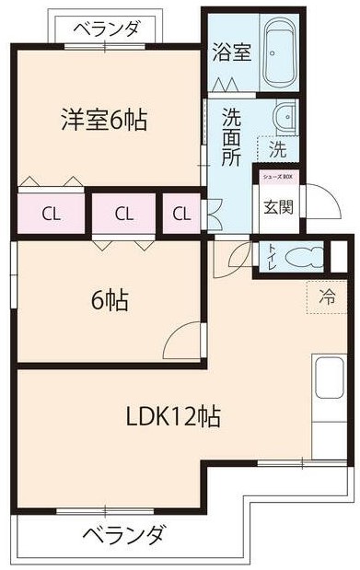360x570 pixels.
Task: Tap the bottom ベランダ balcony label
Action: [123, 534]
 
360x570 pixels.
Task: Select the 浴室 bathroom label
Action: [230, 52]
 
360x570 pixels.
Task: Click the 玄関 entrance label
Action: [278, 206]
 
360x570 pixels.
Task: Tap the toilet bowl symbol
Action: [304, 253]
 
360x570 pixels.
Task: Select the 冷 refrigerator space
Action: [327, 297]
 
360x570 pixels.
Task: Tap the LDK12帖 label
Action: [173, 416]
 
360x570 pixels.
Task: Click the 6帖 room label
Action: [109, 300]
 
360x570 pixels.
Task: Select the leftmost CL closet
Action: [50, 215]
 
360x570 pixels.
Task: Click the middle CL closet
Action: [124, 215]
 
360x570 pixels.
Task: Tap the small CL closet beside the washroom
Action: [182, 215]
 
